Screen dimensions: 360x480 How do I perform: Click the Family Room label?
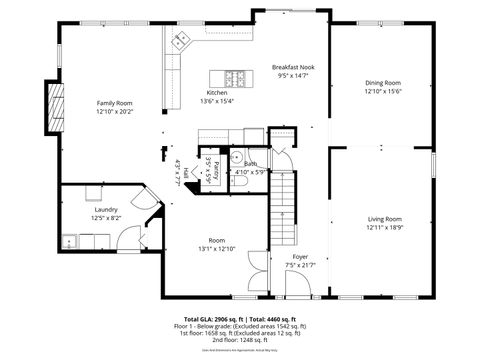[114, 103]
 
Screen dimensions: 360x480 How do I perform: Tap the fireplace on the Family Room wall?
[58, 100]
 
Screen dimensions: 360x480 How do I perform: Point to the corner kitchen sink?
[181, 41]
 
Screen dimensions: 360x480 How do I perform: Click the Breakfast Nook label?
[292, 68]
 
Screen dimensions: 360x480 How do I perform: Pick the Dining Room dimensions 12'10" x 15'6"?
[383, 91]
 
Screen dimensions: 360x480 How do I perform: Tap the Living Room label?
[384, 218]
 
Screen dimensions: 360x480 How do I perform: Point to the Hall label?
[186, 173]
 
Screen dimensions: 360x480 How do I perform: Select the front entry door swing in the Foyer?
[297, 285]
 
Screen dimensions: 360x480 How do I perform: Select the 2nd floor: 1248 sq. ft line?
[239, 338]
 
